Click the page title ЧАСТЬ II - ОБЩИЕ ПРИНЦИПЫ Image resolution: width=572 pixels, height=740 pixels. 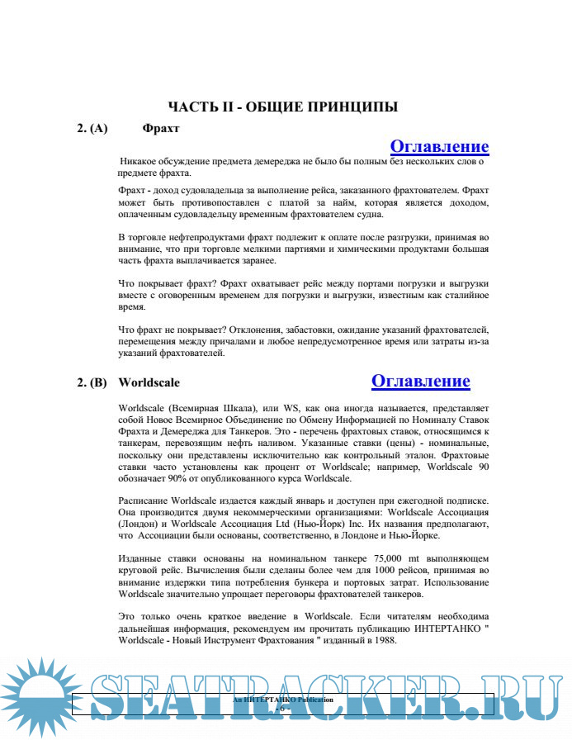point(283,107)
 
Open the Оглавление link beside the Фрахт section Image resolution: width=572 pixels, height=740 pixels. point(439,147)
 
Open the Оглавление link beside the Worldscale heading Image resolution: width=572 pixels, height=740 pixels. point(420,381)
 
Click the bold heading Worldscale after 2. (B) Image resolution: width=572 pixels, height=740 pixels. point(149,383)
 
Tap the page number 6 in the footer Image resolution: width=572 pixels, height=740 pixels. point(283,709)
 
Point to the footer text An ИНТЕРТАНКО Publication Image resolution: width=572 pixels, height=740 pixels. point(283,700)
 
